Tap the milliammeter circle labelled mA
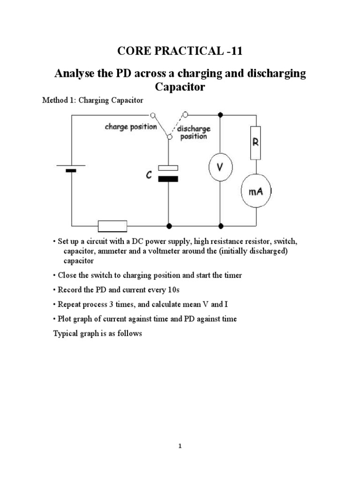[255, 191]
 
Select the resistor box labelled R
[255, 142]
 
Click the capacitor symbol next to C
[168, 173]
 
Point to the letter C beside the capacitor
[149, 175]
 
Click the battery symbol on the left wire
[71, 168]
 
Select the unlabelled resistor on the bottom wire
[112, 225]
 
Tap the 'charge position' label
[131, 127]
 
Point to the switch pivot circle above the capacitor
[169, 136]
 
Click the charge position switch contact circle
[152, 114]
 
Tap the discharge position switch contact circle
[186, 114]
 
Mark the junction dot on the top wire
[221, 114]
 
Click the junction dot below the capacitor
[169, 225]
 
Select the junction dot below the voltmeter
[221, 225]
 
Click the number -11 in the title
[233, 51]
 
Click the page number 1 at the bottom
[180, 446]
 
